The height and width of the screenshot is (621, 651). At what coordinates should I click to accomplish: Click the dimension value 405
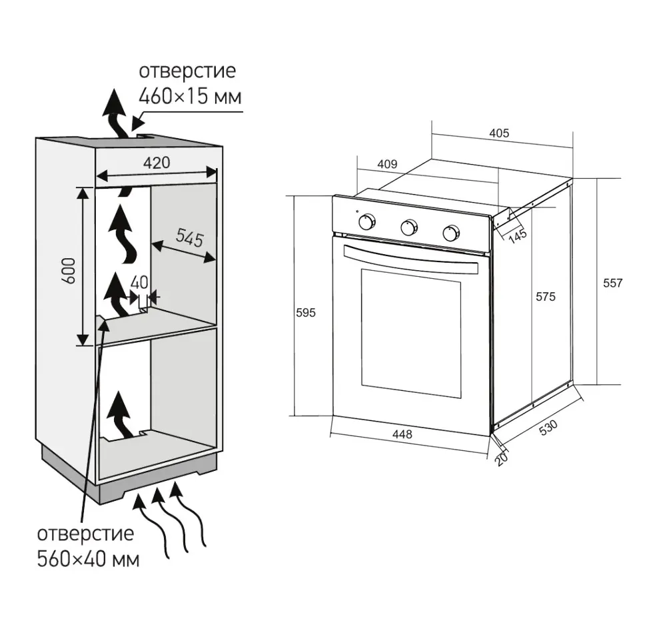coord(499,133)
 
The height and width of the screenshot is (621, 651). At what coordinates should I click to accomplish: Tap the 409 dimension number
coord(387,163)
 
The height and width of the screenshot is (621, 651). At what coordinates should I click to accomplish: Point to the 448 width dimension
coord(402,434)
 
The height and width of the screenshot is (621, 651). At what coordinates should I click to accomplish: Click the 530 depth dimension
coord(548,428)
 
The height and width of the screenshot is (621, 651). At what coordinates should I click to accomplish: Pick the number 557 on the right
coord(612,283)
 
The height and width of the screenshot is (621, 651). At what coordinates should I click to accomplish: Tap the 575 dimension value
coord(545,297)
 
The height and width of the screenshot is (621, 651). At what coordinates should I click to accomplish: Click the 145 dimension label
coord(517,235)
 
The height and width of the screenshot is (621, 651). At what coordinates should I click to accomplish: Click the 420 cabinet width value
coord(157,162)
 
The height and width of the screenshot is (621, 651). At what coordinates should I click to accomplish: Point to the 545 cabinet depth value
coord(189,238)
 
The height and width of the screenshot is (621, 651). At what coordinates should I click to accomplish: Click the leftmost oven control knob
coord(366,222)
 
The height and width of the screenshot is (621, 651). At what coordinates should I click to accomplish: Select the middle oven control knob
coord(408,227)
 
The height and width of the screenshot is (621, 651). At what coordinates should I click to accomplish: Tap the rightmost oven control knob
coord(451,233)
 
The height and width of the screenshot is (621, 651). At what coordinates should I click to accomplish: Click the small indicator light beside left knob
coord(357,213)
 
